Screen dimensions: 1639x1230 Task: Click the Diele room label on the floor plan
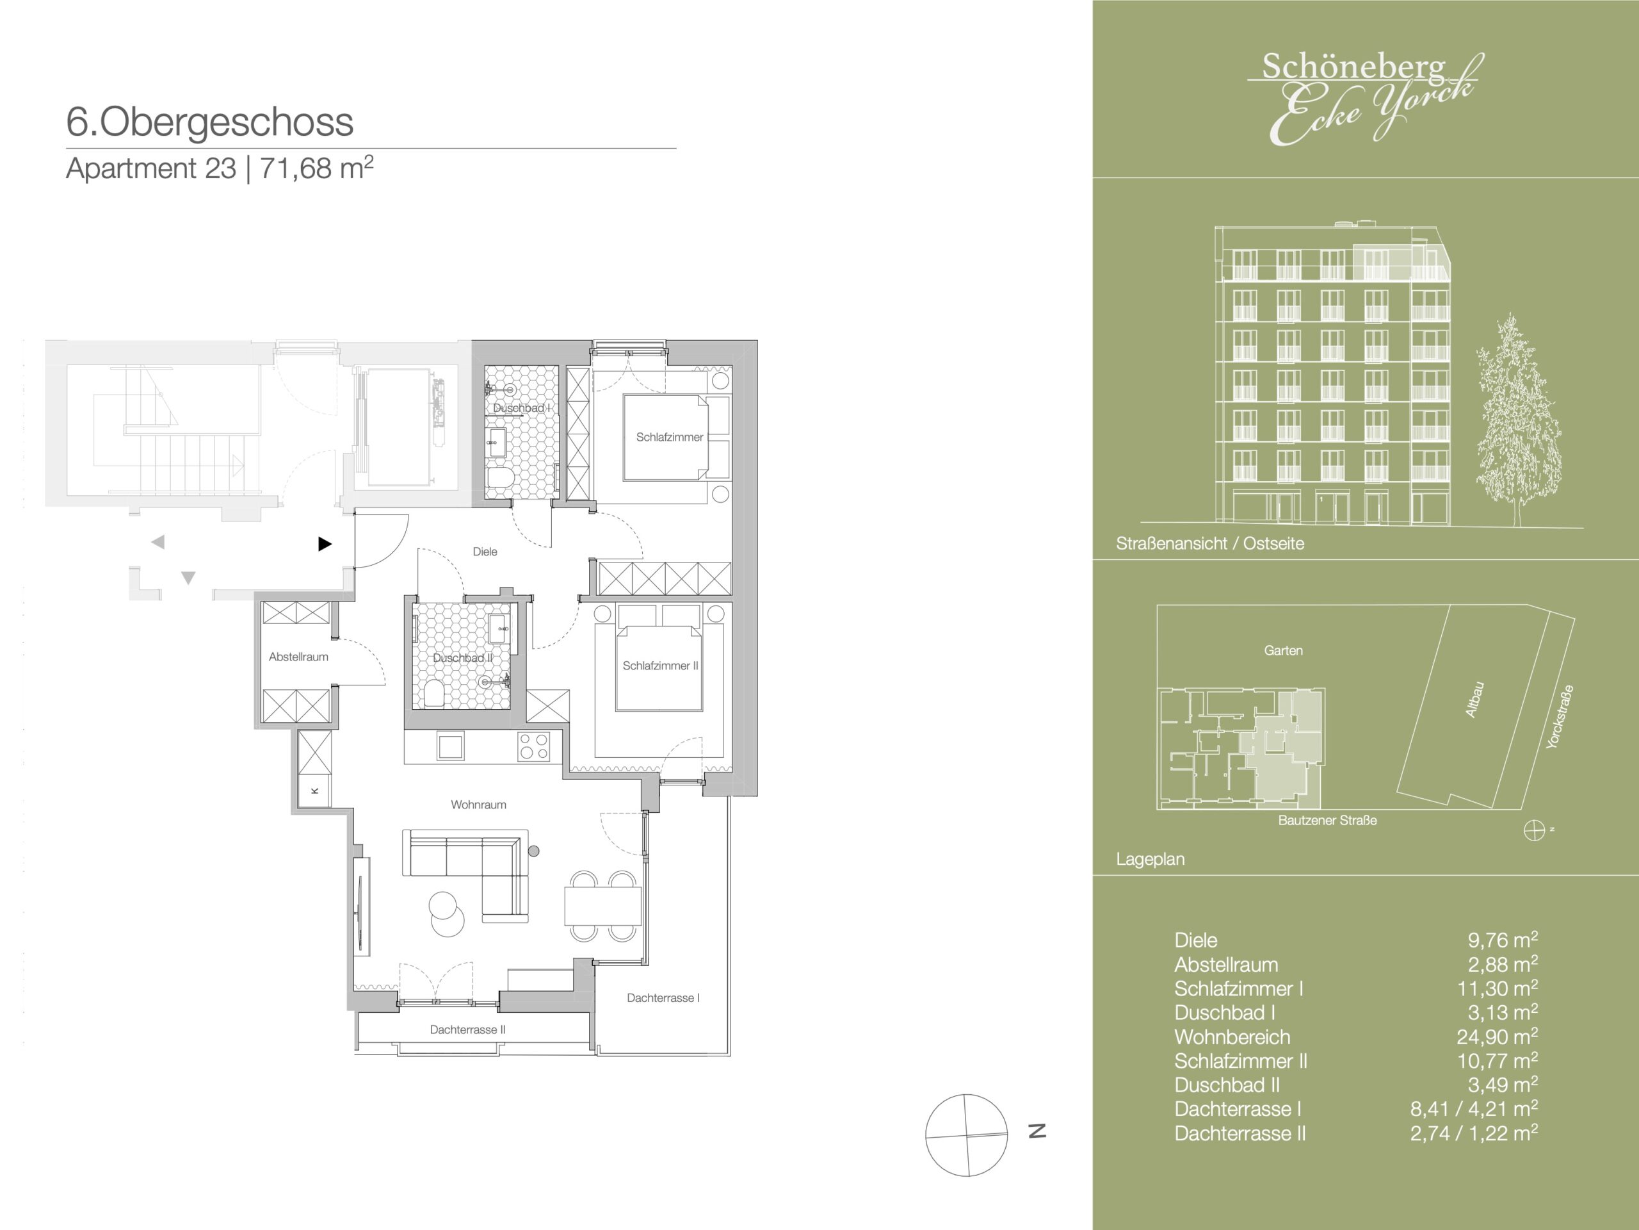click(485, 552)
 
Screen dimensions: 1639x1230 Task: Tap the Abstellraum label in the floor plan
click(298, 657)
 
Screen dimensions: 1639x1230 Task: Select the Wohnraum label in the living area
click(479, 805)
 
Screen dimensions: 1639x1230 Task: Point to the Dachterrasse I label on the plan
click(663, 998)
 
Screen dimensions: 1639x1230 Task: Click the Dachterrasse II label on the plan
click(467, 1030)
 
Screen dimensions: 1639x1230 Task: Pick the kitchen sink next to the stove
click(451, 746)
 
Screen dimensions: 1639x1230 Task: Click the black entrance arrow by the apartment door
click(325, 544)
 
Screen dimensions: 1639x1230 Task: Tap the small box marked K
click(315, 791)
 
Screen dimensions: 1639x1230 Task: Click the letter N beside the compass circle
click(1037, 1131)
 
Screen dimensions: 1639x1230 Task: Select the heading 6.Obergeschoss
click(210, 122)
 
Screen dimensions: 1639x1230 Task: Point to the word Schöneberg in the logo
click(1353, 67)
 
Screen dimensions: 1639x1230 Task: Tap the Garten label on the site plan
click(1283, 650)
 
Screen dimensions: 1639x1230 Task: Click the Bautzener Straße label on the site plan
click(1328, 820)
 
